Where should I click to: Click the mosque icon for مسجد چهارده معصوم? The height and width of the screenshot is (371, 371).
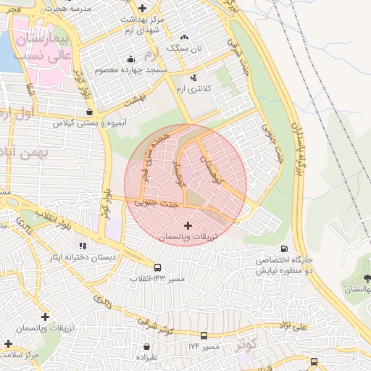(x=130, y=59)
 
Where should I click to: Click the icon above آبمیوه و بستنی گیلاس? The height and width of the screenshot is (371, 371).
(x=89, y=112)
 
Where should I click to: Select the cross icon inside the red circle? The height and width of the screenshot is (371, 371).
(x=189, y=226)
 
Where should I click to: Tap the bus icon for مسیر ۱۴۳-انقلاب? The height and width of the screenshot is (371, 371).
(x=158, y=267)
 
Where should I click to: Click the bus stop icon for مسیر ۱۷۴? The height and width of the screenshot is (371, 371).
(x=204, y=336)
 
